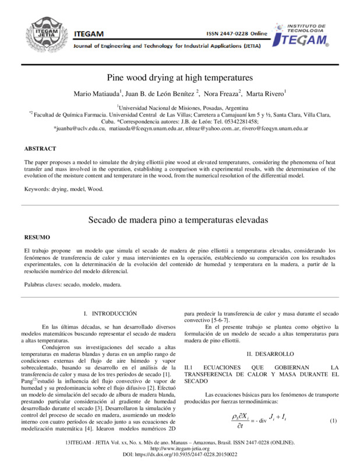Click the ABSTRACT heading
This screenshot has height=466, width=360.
coord(40,149)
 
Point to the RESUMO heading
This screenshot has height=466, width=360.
coord(37,238)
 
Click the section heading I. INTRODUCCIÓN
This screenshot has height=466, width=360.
coord(110,313)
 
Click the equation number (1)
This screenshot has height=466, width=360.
coord(334,421)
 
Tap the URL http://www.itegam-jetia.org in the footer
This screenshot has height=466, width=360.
coord(179,449)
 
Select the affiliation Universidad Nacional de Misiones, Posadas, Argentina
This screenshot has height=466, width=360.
coord(180,108)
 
